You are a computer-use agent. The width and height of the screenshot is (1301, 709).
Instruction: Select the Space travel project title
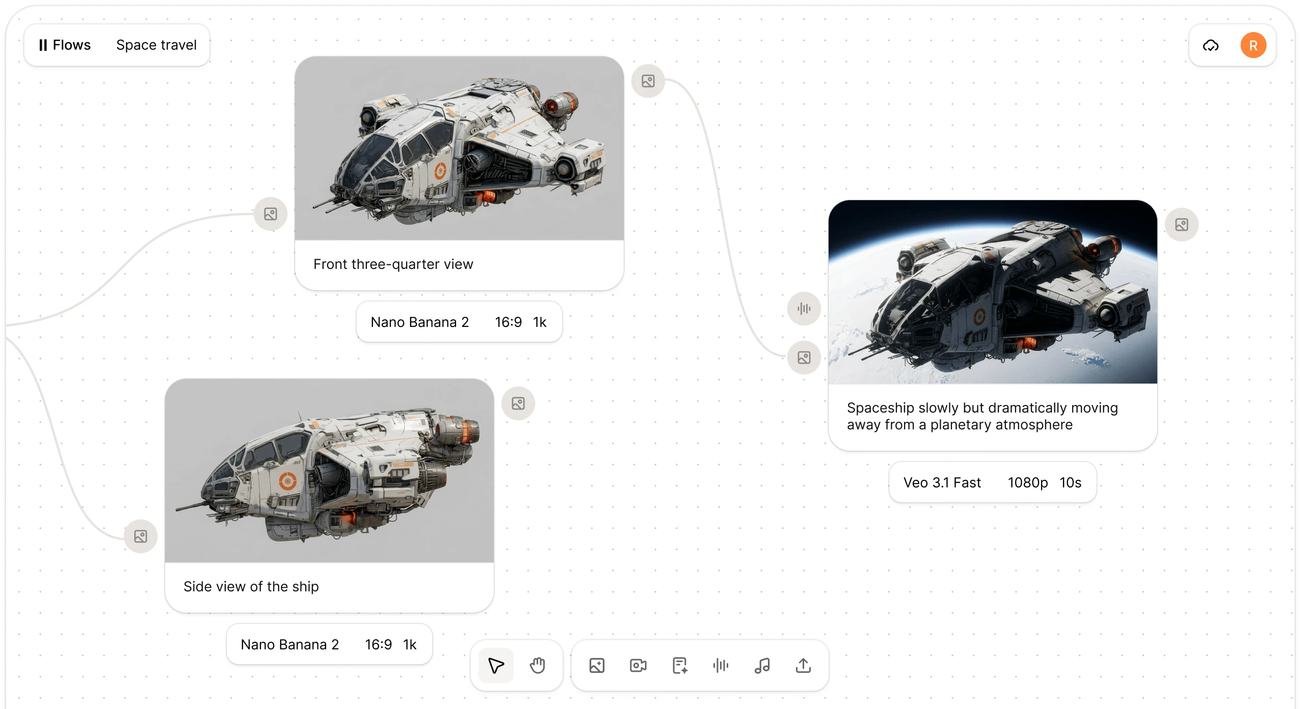click(x=156, y=45)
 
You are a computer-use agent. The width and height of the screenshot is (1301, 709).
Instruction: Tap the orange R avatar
click(x=1253, y=45)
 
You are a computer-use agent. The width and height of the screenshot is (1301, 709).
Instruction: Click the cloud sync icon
click(x=1211, y=45)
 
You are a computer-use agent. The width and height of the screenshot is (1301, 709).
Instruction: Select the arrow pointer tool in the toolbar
click(x=496, y=665)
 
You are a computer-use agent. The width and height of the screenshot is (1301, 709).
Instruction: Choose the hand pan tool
click(x=537, y=665)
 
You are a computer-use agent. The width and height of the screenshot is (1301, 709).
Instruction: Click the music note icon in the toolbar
click(x=762, y=665)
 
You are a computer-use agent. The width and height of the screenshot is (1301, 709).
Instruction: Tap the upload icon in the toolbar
click(x=803, y=665)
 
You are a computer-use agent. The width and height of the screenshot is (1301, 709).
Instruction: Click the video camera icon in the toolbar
click(x=638, y=665)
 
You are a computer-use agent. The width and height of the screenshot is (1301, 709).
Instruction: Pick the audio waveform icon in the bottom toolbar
click(x=721, y=665)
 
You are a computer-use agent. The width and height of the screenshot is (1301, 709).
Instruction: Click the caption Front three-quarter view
click(x=393, y=264)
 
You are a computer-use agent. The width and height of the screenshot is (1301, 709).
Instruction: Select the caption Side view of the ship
click(x=251, y=586)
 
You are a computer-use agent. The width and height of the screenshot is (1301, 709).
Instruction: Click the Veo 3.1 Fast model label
click(x=942, y=482)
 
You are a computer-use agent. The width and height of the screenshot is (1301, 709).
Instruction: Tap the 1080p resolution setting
click(x=1027, y=482)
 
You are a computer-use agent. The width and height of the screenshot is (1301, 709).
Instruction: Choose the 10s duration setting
click(x=1070, y=482)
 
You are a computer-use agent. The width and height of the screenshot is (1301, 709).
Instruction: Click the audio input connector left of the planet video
click(x=804, y=308)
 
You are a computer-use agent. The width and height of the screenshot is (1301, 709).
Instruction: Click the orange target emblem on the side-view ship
click(x=288, y=480)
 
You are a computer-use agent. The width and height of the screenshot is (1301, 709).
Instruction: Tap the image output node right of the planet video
click(x=1181, y=225)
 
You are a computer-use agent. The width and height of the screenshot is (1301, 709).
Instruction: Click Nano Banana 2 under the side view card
click(x=289, y=644)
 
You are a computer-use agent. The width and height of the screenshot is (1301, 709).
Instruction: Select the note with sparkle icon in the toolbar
click(x=679, y=665)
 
